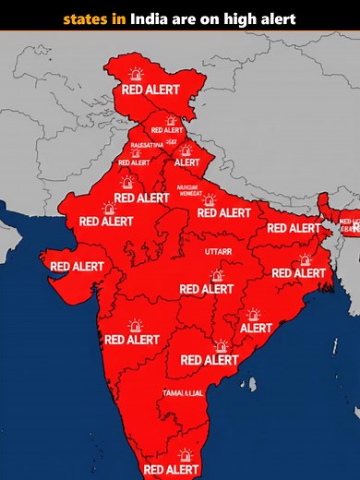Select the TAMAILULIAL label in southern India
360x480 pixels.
[x=183, y=393]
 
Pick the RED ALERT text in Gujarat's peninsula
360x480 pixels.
[x=77, y=266]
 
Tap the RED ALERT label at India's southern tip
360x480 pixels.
[x=172, y=470]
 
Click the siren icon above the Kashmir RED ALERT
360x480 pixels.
[x=137, y=74]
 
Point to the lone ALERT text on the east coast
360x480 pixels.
[x=257, y=328]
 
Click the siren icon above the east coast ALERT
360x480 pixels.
[x=255, y=314]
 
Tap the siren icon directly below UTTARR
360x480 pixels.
[x=217, y=275]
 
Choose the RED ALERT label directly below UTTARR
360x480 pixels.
[x=207, y=289]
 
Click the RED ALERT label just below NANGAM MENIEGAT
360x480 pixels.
[x=223, y=212]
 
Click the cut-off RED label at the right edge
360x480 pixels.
[x=349, y=222]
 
